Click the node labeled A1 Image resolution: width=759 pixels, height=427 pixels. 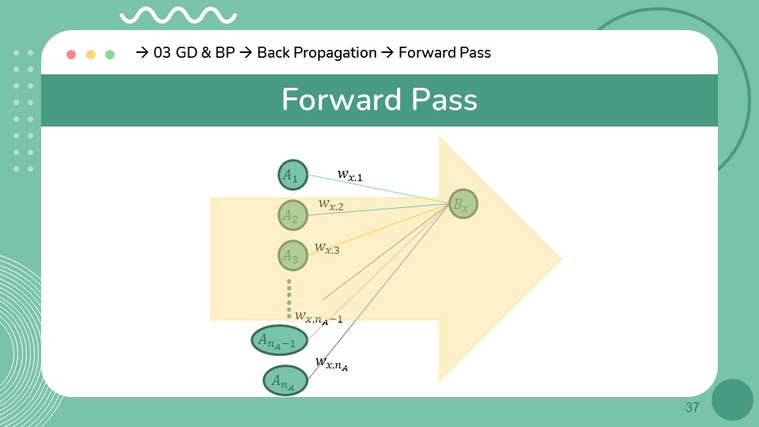[293, 175]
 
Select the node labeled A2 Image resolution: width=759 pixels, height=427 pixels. [293, 215]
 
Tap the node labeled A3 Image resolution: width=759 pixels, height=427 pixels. [293, 255]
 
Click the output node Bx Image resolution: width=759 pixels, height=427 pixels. [463, 205]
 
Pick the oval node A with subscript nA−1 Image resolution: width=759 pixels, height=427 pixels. [279, 341]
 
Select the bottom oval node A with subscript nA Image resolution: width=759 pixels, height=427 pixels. [285, 380]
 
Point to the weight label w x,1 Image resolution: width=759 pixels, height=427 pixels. [349, 174]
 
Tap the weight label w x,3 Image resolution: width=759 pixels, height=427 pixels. [327, 248]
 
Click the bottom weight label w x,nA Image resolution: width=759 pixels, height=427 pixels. [331, 362]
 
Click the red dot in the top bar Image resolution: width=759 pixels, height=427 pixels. [71, 55]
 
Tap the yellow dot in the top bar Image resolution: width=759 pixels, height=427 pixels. [91, 55]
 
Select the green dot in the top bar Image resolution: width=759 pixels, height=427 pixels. [110, 55]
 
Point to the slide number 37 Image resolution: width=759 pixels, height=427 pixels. [693, 408]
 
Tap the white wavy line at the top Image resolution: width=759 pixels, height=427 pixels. [178, 15]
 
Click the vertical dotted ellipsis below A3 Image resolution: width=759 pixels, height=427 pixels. [289, 298]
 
